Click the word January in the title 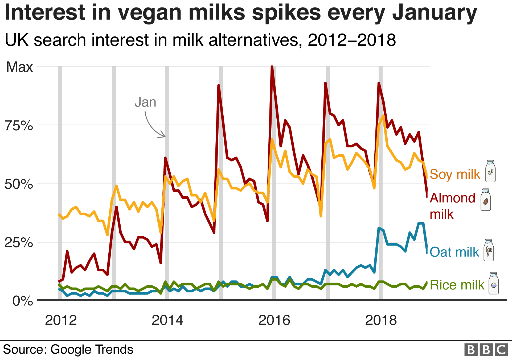pyautogui.click(x=434, y=13)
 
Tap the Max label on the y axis pyautogui.click(x=19, y=67)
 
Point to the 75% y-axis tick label pyautogui.click(x=19, y=125)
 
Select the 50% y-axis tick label pyautogui.click(x=19, y=184)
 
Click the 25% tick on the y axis pyautogui.click(x=19, y=242)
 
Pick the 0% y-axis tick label pyautogui.click(x=23, y=301)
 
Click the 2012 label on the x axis pyautogui.click(x=61, y=320)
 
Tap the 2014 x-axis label pyautogui.click(x=167, y=320)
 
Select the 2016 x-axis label pyautogui.click(x=274, y=320)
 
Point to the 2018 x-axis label pyautogui.click(x=381, y=320)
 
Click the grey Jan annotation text pyautogui.click(x=145, y=102)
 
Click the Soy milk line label pyautogui.click(x=455, y=174)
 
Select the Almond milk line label pyautogui.click(x=452, y=206)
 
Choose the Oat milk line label pyautogui.click(x=454, y=252)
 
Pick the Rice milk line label pyautogui.click(x=457, y=285)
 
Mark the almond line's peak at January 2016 pyautogui.click(x=272, y=67)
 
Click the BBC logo pyautogui.click(x=486, y=350)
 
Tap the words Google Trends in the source pyautogui.click(x=92, y=349)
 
